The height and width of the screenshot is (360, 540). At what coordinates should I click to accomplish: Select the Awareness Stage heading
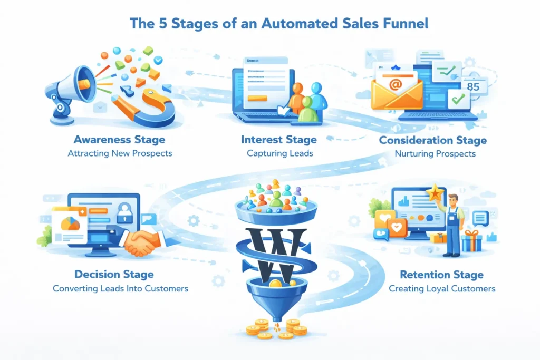click(119, 140)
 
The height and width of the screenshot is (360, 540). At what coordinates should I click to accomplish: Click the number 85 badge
click(473, 86)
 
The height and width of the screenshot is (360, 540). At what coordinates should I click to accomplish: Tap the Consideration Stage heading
click(432, 140)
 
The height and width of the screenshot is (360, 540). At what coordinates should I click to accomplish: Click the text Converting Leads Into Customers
click(120, 288)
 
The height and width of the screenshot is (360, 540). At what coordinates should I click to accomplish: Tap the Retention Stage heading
click(441, 275)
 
